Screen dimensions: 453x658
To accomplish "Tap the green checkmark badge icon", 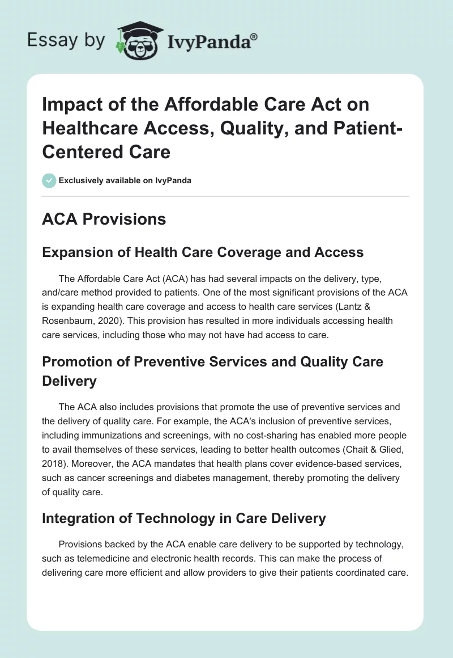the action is click(49, 180).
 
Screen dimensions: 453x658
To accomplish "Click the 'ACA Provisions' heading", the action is click(104, 219).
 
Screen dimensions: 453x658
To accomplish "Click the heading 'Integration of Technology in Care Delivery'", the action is click(184, 518).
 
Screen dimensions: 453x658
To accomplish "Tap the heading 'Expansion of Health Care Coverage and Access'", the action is click(203, 252).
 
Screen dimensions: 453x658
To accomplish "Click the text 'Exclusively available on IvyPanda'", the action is click(125, 180).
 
